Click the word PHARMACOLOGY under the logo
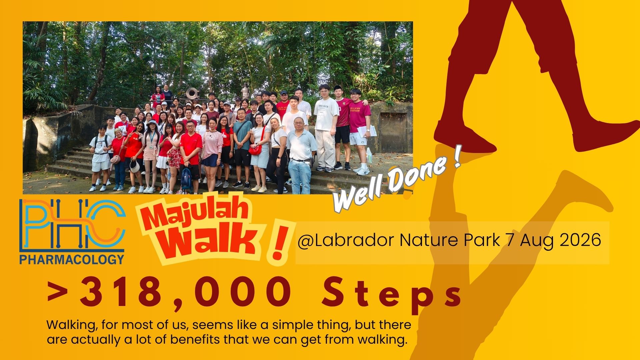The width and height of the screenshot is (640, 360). coord(72,259)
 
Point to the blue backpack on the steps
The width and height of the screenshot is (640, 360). coord(186,177)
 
